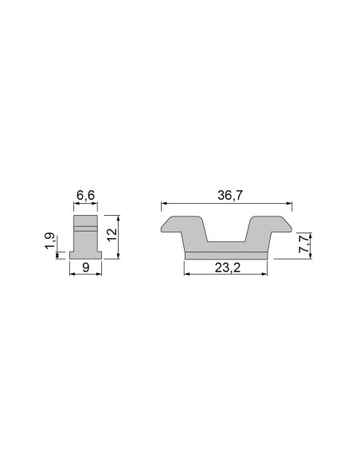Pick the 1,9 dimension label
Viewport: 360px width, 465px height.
pyautogui.click(x=50, y=242)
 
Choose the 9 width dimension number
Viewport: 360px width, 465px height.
pyautogui.click(x=85, y=268)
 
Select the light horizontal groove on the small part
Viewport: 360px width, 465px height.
pyautogui.click(x=85, y=229)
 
